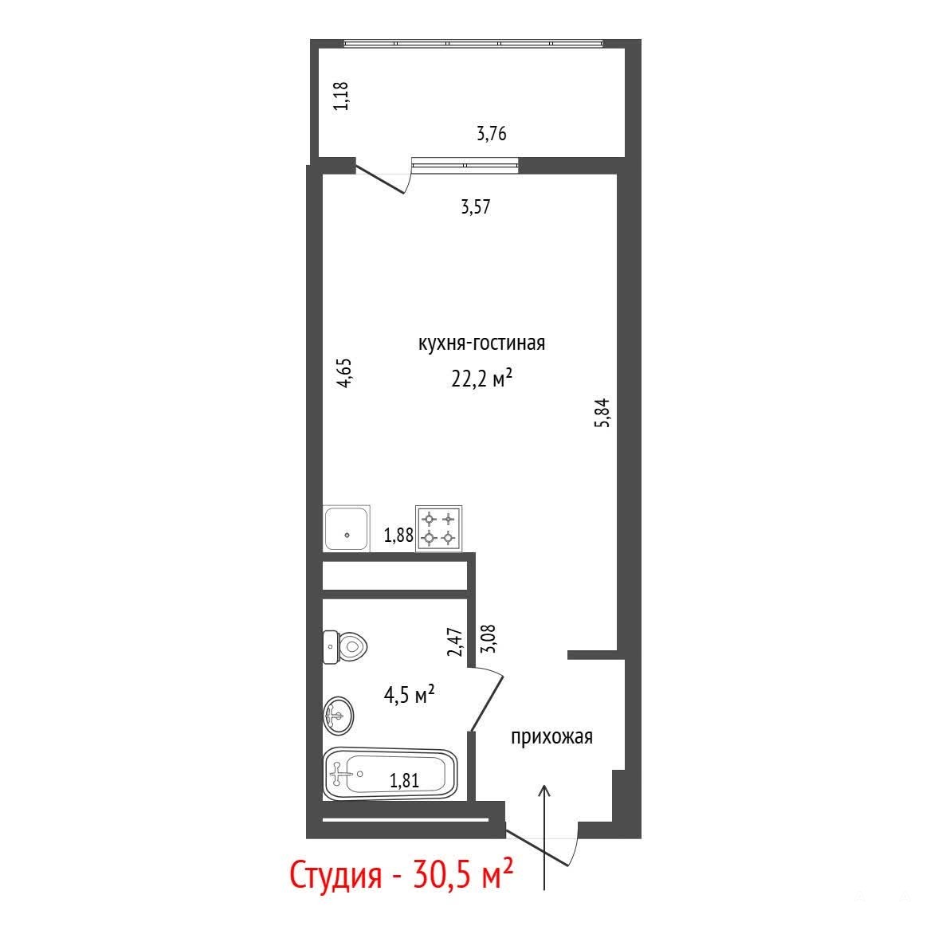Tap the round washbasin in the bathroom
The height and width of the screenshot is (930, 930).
[x=339, y=716]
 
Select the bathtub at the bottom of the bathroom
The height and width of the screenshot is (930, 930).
[x=390, y=774]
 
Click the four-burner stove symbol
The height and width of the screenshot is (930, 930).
[x=439, y=528]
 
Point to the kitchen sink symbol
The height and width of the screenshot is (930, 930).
[x=347, y=528]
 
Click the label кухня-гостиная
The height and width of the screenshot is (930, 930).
[x=481, y=343]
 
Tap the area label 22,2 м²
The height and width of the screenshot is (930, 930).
[x=481, y=378]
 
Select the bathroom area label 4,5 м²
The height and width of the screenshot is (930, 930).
[x=410, y=694]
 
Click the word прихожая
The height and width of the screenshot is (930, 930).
[x=551, y=737]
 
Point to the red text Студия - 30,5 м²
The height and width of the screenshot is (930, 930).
[x=401, y=875]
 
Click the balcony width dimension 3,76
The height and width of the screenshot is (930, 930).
[x=492, y=133]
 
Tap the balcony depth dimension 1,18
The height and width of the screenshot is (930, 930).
[x=341, y=96]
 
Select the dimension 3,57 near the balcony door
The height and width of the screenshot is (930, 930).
[x=476, y=207]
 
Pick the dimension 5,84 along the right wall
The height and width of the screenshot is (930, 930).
[x=602, y=413]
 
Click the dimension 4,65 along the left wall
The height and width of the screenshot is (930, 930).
[x=344, y=372]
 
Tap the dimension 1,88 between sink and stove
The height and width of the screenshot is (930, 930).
[x=398, y=536]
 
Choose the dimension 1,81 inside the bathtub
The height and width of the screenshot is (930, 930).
[x=405, y=780]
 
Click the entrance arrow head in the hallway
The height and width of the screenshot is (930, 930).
[x=544, y=791]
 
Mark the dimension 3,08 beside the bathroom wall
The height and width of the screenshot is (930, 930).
[x=489, y=639]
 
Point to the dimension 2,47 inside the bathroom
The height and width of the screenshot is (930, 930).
[x=456, y=642]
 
